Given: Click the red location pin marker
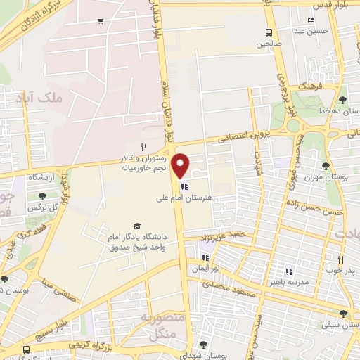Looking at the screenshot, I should click(181, 165).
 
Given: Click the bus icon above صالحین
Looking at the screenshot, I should click(269, 32).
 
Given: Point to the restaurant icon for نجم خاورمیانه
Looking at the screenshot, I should click(143, 147).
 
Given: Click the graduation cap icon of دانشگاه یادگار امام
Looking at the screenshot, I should click(137, 226).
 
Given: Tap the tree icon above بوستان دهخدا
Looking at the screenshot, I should click(342, 100).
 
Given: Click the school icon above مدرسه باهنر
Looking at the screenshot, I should click(288, 271).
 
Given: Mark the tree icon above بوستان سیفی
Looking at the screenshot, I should click(342, 314).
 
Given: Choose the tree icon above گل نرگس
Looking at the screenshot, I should click(42, 196).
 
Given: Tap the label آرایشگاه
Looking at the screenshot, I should click(43, 179).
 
